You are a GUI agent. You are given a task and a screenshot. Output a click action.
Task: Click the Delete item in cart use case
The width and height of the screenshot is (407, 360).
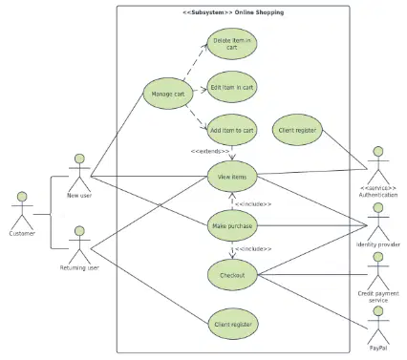tap(232, 44)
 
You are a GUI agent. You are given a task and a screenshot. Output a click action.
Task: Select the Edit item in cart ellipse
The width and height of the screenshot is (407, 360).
tap(232, 87)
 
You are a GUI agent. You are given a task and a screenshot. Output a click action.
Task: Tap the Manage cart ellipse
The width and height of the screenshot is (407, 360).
tap(168, 94)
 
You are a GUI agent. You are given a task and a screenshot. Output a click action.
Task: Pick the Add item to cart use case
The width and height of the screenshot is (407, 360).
tap(232, 130)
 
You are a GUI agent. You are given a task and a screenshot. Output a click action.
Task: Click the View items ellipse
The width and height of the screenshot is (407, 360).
tap(232, 177)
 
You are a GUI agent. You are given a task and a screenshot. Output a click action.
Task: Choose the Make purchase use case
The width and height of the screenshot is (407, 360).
tap(232, 226)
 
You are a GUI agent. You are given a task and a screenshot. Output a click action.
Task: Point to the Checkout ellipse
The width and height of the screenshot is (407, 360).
tap(232, 275)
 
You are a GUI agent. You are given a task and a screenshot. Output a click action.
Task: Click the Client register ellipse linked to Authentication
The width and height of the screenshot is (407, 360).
tap(297, 130)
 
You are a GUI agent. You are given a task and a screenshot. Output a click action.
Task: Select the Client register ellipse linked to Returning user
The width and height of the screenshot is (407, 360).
tap(233, 324)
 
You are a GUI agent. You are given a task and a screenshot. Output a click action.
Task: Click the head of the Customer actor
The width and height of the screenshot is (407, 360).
tap(22, 197)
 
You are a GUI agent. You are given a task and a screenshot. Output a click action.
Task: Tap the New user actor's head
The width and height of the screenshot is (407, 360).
tap(79, 159)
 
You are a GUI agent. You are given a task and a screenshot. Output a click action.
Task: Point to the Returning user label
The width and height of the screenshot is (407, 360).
tap(79, 268)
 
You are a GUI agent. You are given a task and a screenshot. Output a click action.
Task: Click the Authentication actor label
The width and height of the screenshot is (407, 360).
tap(378, 195)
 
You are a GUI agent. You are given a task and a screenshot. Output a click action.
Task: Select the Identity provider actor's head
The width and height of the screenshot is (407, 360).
tap(378, 208)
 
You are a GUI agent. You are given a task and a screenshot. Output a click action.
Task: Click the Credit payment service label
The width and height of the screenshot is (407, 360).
tap(378, 297)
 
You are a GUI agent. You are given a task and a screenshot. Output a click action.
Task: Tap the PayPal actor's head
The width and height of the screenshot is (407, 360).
tap(378, 311)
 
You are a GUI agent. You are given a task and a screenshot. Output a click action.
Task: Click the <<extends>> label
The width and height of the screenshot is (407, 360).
tap(210, 151)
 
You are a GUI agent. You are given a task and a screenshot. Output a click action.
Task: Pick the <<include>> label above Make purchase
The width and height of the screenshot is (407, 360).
tap(253, 204)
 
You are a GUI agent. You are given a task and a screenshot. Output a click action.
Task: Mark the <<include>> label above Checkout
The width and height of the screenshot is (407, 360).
tap(253, 248)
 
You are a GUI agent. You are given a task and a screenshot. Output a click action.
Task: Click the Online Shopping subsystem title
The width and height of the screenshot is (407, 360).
tap(233, 12)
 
